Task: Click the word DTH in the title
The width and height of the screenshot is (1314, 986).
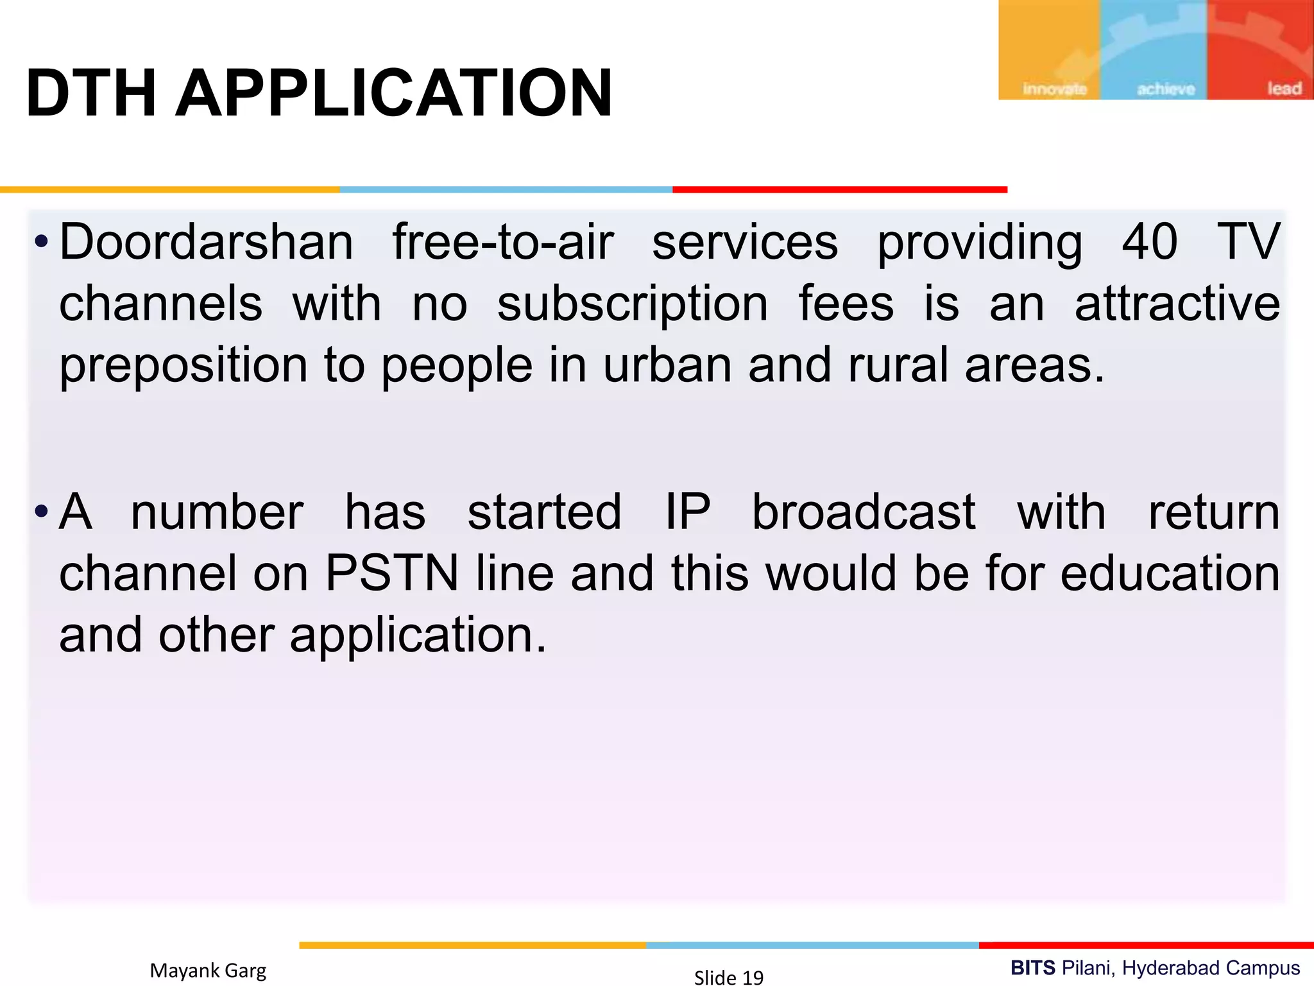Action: coord(90,94)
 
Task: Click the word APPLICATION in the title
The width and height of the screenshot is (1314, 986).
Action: coord(393,94)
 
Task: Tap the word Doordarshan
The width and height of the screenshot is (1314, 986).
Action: coord(206,242)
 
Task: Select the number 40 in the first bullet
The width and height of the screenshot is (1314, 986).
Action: coord(1150,242)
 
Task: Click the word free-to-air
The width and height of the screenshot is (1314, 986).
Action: coord(503,242)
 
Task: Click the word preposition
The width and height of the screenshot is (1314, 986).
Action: coord(183,366)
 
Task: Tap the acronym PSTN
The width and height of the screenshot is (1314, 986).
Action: coord(392,573)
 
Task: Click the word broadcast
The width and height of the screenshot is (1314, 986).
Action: coord(864,512)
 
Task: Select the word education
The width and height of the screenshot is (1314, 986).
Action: coord(1170,573)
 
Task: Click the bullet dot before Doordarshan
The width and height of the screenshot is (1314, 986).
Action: coord(42,243)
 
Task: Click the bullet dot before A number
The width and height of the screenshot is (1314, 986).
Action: coord(42,512)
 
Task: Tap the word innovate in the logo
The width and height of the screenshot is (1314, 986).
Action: coord(1055,89)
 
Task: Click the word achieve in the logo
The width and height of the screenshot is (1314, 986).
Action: coord(1166,89)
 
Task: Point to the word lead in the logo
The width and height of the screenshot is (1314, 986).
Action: coord(1284,89)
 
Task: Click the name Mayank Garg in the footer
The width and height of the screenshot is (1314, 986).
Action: coord(208,970)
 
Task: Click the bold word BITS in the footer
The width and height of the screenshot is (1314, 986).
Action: coord(1032,967)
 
